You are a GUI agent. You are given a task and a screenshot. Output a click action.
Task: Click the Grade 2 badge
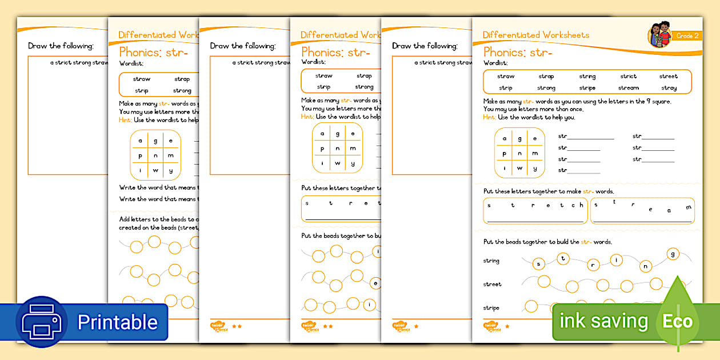pyautogui.click(x=687, y=36)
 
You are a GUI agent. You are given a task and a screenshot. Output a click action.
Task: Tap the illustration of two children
pyautogui.click(x=659, y=35)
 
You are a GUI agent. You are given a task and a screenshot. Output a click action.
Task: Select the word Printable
pyautogui.click(x=117, y=322)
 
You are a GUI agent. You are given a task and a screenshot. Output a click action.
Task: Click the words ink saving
pyautogui.click(x=603, y=321)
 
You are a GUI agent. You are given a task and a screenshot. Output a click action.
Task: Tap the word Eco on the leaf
pyautogui.click(x=677, y=321)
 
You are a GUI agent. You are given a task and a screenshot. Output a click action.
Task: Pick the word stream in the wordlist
pyautogui.click(x=628, y=88)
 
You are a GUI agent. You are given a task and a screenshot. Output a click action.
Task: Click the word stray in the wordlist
pyautogui.click(x=669, y=88)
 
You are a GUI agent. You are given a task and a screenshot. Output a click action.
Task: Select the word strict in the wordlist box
pyautogui.click(x=628, y=76)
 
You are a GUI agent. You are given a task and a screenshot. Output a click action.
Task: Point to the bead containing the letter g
pyautogui.click(x=673, y=253)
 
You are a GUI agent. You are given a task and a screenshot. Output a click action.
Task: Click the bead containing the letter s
pyautogui.click(x=538, y=263)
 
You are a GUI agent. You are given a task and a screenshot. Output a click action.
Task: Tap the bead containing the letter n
pyautogui.click(x=646, y=266)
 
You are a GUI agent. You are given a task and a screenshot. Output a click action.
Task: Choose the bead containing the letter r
pyautogui.click(x=593, y=265)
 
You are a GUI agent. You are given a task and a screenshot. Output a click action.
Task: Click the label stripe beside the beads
pyautogui.click(x=491, y=308)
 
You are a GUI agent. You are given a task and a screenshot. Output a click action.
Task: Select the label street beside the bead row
pyautogui.click(x=492, y=284)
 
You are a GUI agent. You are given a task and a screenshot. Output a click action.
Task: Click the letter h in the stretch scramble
pyautogui.click(x=581, y=205)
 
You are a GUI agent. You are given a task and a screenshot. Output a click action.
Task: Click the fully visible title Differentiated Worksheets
pyautogui.click(x=535, y=35)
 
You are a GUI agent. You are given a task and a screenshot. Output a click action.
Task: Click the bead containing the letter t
pyautogui.click(x=564, y=258)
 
